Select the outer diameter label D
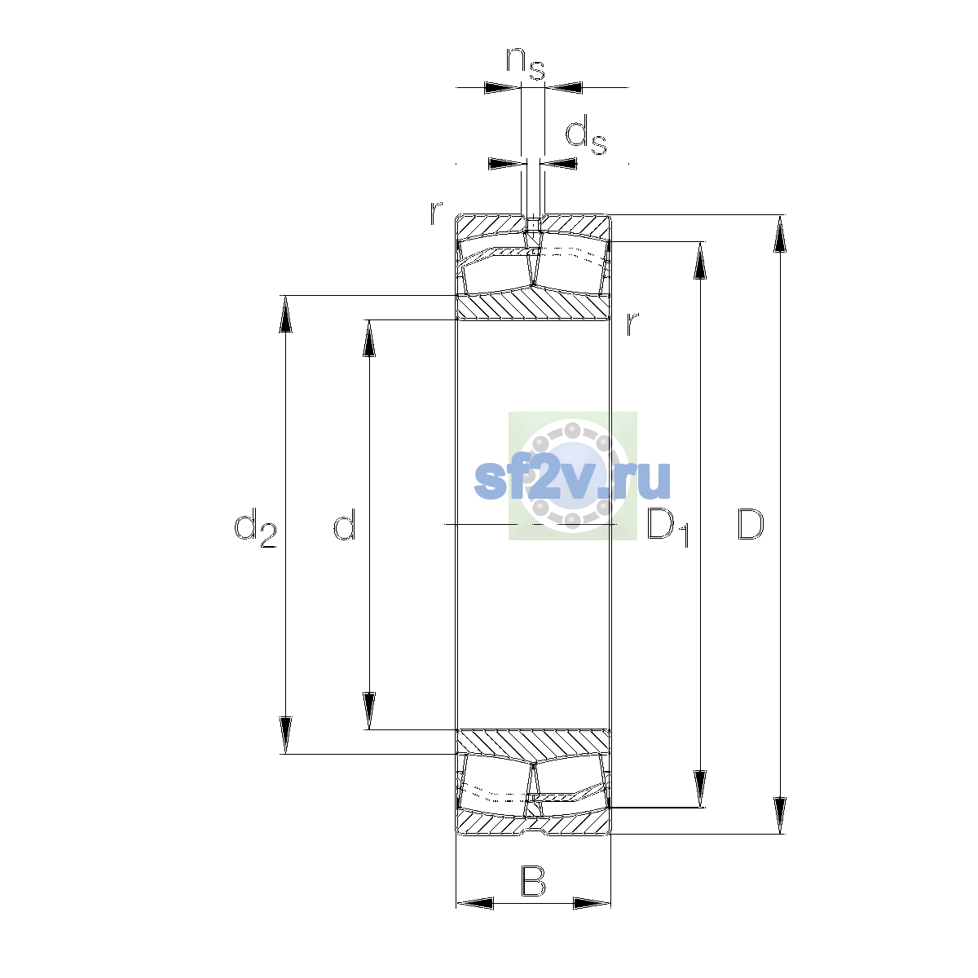(750, 524)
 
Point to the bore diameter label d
(345, 524)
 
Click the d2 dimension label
(255, 528)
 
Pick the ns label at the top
(526, 64)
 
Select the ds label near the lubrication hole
(586, 135)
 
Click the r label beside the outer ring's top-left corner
(436, 214)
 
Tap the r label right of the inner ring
(632, 324)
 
